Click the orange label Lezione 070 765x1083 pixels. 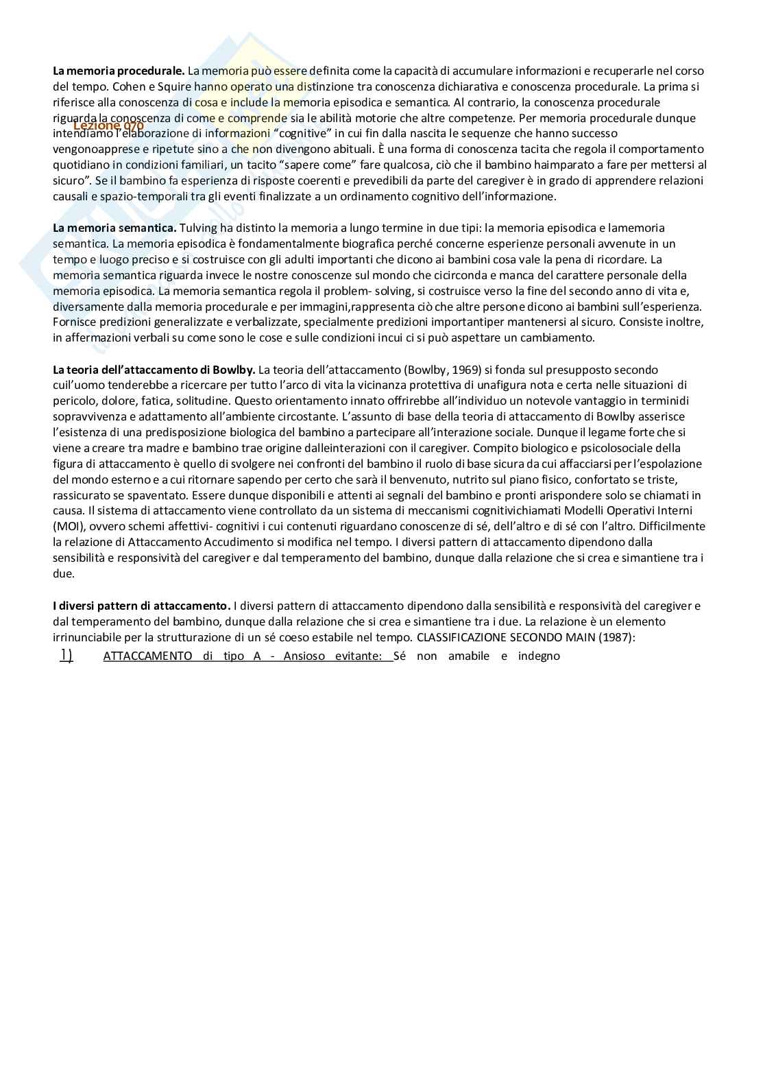point(108,126)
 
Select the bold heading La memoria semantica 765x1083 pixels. point(114,228)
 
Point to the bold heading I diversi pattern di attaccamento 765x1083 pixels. point(141,606)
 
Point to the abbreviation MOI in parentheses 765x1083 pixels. point(67,527)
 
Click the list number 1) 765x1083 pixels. point(66,655)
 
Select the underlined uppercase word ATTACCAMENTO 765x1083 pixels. point(147,656)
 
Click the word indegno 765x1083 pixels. point(539,656)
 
